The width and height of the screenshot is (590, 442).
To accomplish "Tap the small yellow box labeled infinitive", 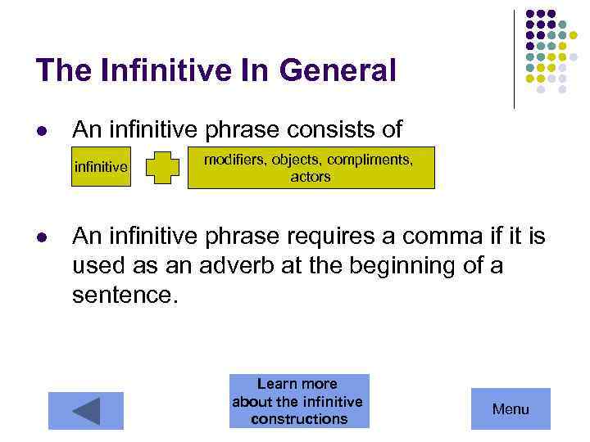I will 101,168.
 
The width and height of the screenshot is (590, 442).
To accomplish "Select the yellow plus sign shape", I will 167,168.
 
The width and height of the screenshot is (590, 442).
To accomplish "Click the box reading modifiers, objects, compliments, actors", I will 311,168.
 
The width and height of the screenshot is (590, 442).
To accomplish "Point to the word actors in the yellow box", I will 311,177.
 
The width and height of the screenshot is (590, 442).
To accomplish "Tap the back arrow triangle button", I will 85,410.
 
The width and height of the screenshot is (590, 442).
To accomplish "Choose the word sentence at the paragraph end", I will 123,294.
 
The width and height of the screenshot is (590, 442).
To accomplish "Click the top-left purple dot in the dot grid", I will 529,14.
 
